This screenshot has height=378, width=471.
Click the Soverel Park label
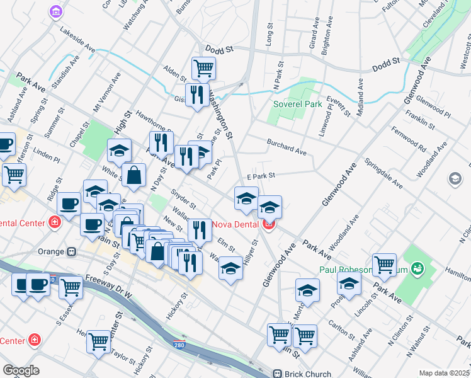point(298,103)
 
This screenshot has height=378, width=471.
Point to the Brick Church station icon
point(277,373)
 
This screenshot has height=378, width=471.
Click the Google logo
point(21,370)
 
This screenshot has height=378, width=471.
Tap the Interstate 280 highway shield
point(179,345)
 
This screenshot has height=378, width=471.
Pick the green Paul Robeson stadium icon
point(417,269)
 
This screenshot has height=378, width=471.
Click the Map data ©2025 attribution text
point(444,373)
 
